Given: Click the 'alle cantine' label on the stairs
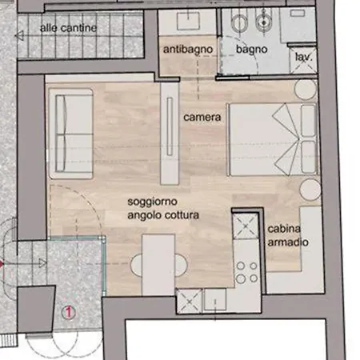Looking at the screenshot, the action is point(68,28).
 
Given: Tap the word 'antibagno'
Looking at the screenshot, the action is point(188,50).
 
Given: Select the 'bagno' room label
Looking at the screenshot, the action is point(251,50).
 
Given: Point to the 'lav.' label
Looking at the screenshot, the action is point(303,57).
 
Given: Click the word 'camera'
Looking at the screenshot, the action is point(202,118).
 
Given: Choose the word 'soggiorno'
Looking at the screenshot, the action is point(152,202).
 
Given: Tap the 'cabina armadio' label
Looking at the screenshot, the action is point(288,235).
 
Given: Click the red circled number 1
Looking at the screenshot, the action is point(68,312).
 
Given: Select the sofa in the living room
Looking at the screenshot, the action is point(70,134).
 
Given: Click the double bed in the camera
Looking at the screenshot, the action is point(273,139).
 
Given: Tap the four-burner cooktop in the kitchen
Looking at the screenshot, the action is point(247,272).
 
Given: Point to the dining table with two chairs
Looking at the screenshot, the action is point(158,265).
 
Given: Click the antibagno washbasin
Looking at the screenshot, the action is point(188,20).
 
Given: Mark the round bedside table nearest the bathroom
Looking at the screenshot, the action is point(306,90).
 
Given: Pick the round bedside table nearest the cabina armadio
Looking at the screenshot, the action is point(310,190).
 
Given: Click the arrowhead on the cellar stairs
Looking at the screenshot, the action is point(19,35).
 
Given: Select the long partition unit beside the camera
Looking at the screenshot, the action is point(170,133).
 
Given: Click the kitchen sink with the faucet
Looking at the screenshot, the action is point(215,299).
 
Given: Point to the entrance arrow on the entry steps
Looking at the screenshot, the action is point(23,263).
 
